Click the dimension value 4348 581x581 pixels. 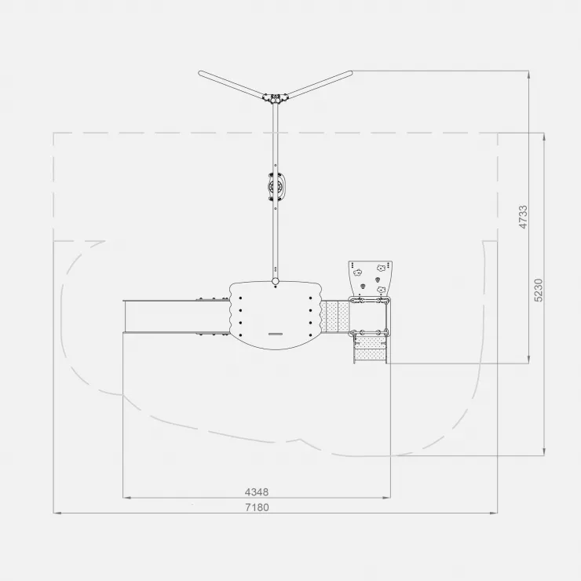tap(257, 492)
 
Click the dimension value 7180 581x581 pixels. tap(257, 507)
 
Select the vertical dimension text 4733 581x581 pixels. tap(523, 217)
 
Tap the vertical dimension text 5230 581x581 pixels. tap(539, 290)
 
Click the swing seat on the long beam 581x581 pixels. tap(275, 186)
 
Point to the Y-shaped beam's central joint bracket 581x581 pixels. tap(276, 98)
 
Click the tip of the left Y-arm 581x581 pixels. tap(200, 72)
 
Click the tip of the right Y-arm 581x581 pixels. tap(350, 72)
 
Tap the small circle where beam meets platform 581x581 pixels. tap(276, 281)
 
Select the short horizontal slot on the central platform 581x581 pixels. tap(276, 334)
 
